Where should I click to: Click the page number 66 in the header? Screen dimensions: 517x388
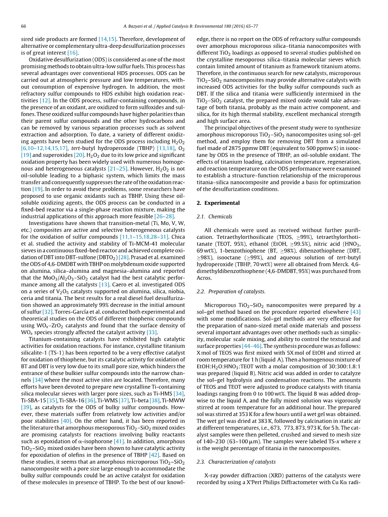[23, 26]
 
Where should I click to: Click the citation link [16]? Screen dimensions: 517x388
[72, 53]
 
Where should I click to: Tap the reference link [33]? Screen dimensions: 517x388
[151, 321]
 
